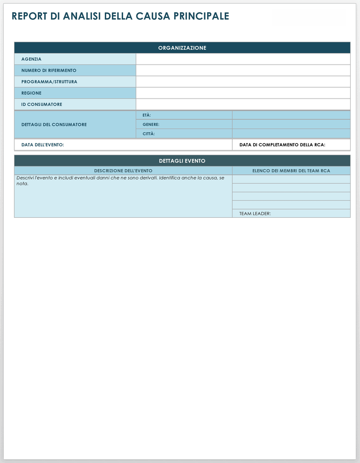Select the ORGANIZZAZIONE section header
[x=182, y=48]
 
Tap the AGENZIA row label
[x=31, y=59]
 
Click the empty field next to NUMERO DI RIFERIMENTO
[x=243, y=70]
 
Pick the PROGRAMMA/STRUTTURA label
[x=49, y=82]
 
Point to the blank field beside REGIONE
[x=243, y=93]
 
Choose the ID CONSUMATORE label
[x=42, y=104]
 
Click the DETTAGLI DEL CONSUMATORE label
[x=54, y=124]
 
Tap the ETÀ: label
[x=147, y=115]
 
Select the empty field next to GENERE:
[x=291, y=124]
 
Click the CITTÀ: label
[x=149, y=134]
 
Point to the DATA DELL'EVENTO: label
[x=42, y=145]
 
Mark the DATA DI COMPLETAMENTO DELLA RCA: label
[x=282, y=145]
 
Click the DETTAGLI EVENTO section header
[x=182, y=161]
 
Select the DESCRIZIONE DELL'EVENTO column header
[x=123, y=171]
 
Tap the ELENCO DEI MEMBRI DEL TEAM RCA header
[x=291, y=171]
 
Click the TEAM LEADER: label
[x=255, y=214]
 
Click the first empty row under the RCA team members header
[x=291, y=179]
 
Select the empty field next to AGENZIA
[x=243, y=59]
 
